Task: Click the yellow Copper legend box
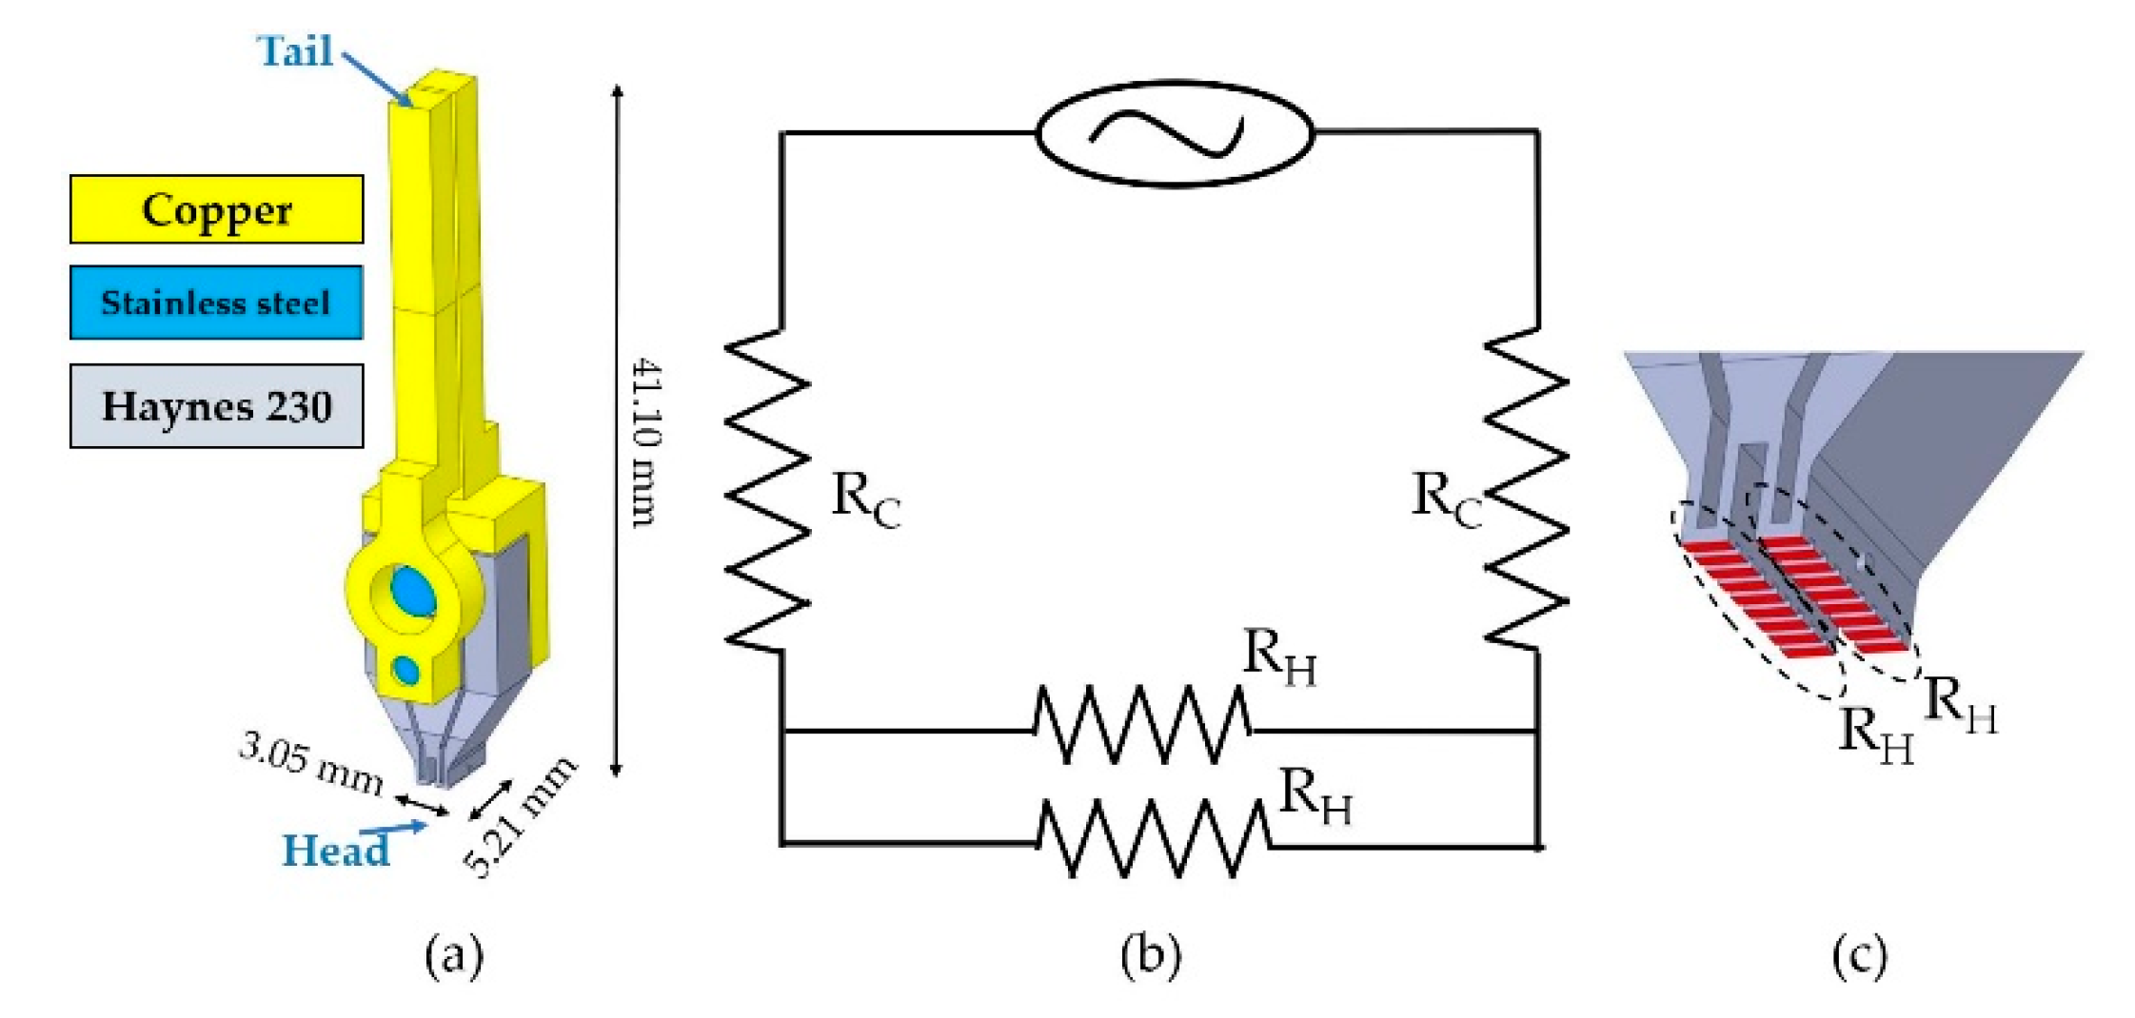tap(216, 209)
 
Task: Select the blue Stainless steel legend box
tap(216, 303)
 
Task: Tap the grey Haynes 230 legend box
tap(216, 406)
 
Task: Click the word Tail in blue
tap(295, 51)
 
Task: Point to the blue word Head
tap(336, 850)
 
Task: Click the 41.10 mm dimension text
tap(647, 442)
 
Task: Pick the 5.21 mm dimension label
tap(521, 817)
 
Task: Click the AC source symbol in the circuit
tap(1174, 133)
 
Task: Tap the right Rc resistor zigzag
tap(1526, 490)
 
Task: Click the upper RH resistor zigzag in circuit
tap(1142, 725)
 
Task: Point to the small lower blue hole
tap(406, 670)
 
